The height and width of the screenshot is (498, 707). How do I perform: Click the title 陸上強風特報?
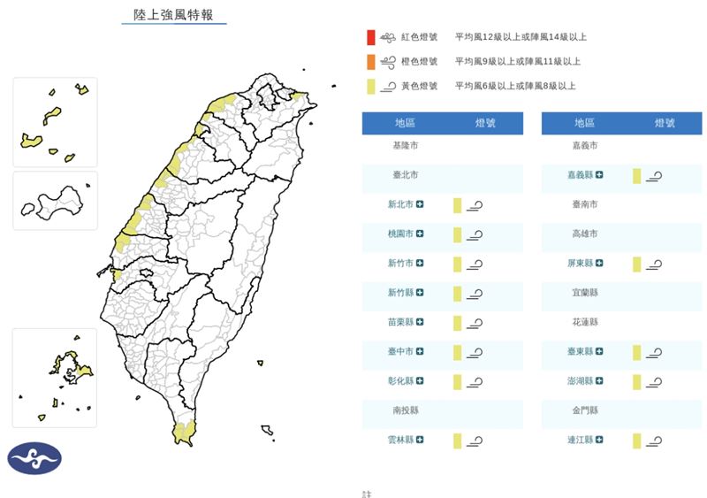pyautogui.click(x=173, y=15)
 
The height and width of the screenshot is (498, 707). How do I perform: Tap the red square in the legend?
pyautogui.click(x=371, y=37)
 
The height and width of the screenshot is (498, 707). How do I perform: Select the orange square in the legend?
pyautogui.click(x=371, y=62)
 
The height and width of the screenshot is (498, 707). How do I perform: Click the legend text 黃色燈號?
pyautogui.click(x=418, y=86)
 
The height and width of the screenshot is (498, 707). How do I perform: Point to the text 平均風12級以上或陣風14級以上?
pyautogui.click(x=521, y=37)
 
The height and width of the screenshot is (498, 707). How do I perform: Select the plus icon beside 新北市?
pyautogui.click(x=420, y=204)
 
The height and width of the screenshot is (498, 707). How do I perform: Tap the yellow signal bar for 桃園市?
pyautogui.click(x=458, y=234)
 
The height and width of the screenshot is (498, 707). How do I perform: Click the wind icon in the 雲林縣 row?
pyautogui.click(x=475, y=440)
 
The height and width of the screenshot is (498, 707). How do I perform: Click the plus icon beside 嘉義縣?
pyautogui.click(x=599, y=175)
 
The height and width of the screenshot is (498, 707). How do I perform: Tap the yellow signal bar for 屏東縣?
pyautogui.click(x=636, y=264)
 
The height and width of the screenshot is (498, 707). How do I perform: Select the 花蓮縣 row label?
pyautogui.click(x=584, y=322)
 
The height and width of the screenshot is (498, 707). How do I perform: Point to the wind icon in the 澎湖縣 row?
pyautogui.click(x=654, y=381)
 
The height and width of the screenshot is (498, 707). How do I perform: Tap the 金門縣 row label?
pyautogui.click(x=584, y=410)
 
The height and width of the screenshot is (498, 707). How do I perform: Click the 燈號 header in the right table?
pyautogui.click(x=663, y=124)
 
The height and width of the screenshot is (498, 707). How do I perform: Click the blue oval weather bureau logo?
pyautogui.click(x=35, y=457)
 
